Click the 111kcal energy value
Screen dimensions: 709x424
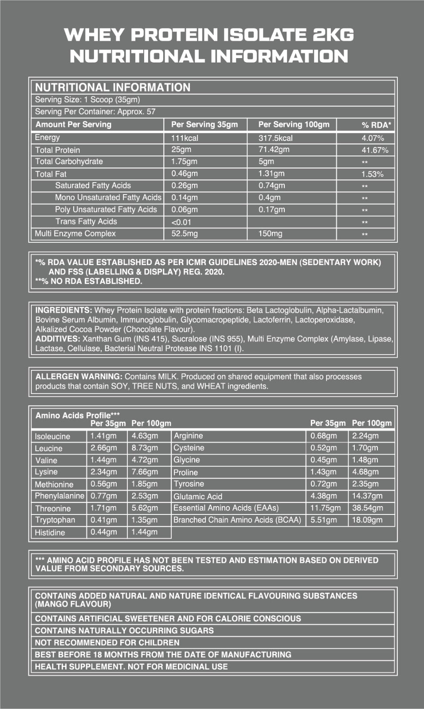point(185,138)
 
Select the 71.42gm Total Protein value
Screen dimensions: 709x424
point(274,150)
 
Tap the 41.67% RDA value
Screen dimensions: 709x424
point(375,150)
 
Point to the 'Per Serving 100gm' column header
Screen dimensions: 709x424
point(294,125)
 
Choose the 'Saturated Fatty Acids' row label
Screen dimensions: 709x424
point(93,186)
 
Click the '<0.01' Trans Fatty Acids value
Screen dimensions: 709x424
point(181,222)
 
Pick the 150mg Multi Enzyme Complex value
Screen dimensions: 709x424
point(270,234)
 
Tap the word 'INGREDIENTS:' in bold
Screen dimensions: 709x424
point(63,310)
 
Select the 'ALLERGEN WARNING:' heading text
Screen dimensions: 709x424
point(79,377)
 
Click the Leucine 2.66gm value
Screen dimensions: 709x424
point(104,448)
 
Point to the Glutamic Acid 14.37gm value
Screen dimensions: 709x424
point(367,496)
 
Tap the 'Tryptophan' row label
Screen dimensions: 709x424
point(55,520)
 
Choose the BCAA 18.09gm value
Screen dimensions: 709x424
point(367,520)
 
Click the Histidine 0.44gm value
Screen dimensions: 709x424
point(104,532)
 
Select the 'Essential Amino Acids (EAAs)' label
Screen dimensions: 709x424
point(226,508)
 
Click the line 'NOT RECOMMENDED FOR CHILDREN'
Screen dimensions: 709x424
point(107,643)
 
